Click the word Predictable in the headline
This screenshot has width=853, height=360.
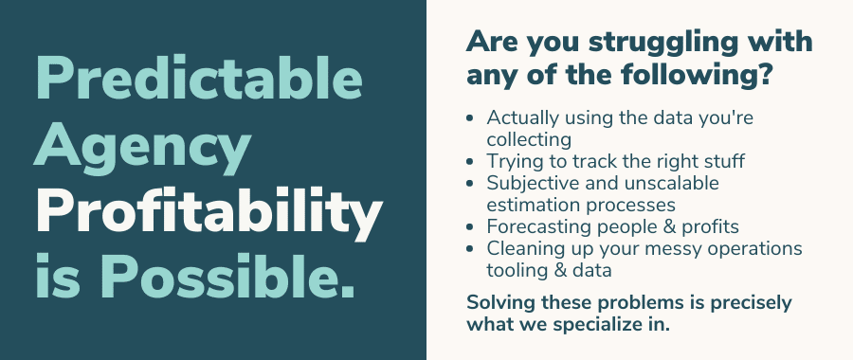(x=199, y=78)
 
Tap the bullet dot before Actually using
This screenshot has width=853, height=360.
(x=470, y=118)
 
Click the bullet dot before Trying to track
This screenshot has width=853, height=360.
(x=470, y=161)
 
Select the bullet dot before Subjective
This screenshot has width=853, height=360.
(x=470, y=183)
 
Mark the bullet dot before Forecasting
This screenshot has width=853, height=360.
(x=470, y=226)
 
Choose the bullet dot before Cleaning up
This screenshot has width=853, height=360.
(x=470, y=248)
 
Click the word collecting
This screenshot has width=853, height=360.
(x=529, y=140)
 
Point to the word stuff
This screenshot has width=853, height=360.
(x=719, y=161)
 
